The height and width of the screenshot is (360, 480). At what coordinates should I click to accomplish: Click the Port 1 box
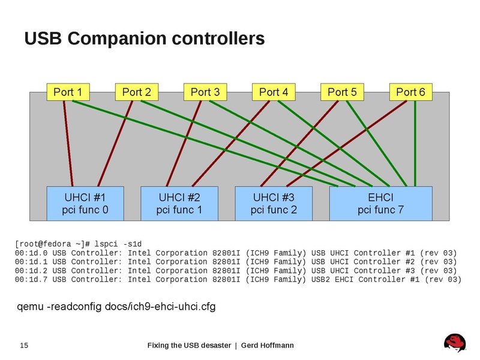click(x=68, y=92)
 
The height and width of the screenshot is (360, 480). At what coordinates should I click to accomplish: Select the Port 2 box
click(x=136, y=92)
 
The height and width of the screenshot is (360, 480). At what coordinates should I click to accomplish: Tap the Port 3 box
click(x=205, y=92)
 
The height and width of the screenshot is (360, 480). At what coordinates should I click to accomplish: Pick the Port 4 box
click(x=274, y=92)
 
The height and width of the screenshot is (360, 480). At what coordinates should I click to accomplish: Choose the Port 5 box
click(x=342, y=92)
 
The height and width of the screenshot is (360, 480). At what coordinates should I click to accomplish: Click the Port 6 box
click(x=410, y=92)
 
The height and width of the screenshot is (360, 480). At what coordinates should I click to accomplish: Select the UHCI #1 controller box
click(x=85, y=203)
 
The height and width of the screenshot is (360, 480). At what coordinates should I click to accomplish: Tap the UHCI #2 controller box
click(x=179, y=203)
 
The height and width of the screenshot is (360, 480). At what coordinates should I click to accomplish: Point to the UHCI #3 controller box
click(x=273, y=203)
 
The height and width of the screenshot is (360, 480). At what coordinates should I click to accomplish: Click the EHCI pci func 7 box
click(x=380, y=203)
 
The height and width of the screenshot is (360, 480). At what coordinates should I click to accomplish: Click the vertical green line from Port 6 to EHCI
click(x=414, y=144)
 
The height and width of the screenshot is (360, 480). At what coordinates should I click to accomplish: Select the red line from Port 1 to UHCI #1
click(x=68, y=144)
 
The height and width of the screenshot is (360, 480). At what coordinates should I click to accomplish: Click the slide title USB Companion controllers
click(x=144, y=39)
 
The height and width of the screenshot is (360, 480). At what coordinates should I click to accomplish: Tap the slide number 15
click(x=25, y=345)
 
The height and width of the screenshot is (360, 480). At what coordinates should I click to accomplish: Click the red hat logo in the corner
click(x=455, y=343)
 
